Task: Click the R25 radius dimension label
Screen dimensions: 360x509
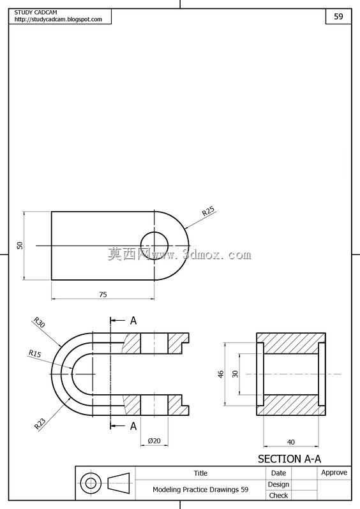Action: coord(208,211)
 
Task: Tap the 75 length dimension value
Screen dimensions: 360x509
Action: coord(103,295)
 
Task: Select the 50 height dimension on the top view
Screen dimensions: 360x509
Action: coord(20,246)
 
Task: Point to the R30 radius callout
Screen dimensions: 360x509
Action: coord(39,322)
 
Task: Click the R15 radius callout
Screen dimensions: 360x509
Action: coord(34,353)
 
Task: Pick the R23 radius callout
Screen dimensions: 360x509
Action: coord(40,424)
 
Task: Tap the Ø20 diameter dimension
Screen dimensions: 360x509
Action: coord(154,441)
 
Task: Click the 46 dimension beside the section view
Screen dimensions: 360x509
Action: coord(221,374)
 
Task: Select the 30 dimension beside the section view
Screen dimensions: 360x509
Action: coord(235,374)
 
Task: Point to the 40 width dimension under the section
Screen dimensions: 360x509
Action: coord(291,442)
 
